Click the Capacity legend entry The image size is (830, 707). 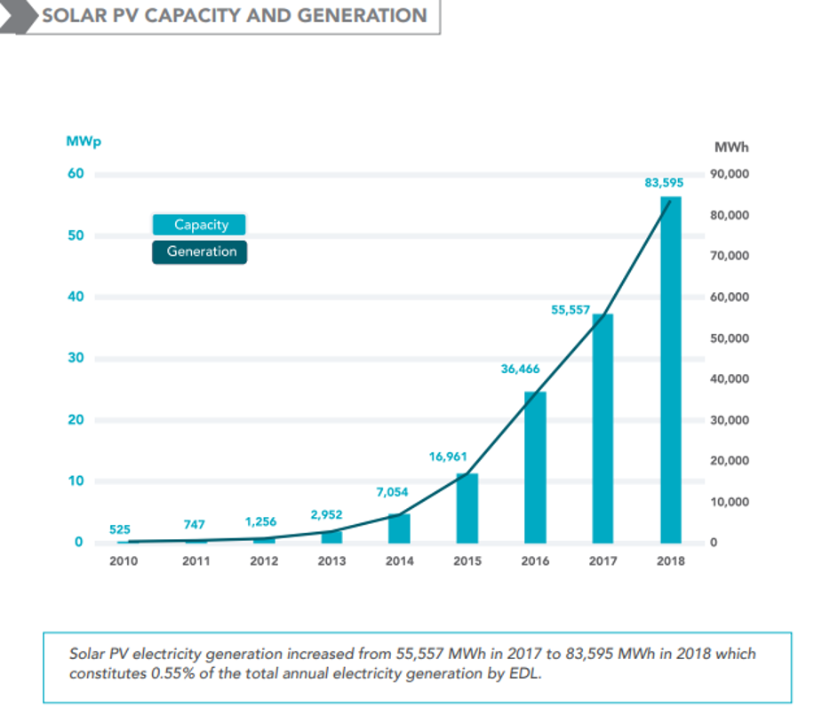pyautogui.click(x=201, y=226)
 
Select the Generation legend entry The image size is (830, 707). pyautogui.click(x=201, y=251)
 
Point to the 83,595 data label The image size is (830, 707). pyautogui.click(x=664, y=183)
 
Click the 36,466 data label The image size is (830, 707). pyautogui.click(x=520, y=369)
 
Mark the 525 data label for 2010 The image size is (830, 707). pyautogui.click(x=120, y=529)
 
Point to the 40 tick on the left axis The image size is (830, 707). pyautogui.click(x=76, y=297)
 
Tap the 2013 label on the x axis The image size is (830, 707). pyautogui.click(x=331, y=561)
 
